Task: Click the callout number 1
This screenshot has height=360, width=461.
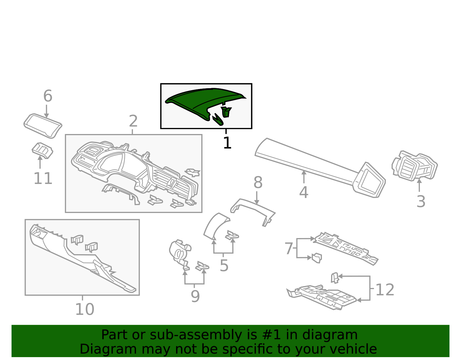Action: (x=227, y=143)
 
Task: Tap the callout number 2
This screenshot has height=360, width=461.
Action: (x=133, y=121)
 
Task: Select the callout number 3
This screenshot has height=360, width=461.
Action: (x=421, y=202)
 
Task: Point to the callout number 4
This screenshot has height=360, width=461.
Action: (x=304, y=193)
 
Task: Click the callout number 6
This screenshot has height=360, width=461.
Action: (x=48, y=96)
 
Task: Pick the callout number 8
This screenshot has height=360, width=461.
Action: (x=258, y=183)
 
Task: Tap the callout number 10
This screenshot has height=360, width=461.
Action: (x=84, y=310)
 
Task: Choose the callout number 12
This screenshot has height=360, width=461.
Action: (x=385, y=290)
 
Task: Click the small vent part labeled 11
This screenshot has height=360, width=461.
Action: (x=42, y=150)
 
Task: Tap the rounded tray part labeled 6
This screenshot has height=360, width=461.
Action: (x=43, y=125)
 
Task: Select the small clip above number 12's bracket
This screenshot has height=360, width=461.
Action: (x=335, y=278)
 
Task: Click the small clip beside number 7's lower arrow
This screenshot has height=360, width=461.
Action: (x=317, y=258)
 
